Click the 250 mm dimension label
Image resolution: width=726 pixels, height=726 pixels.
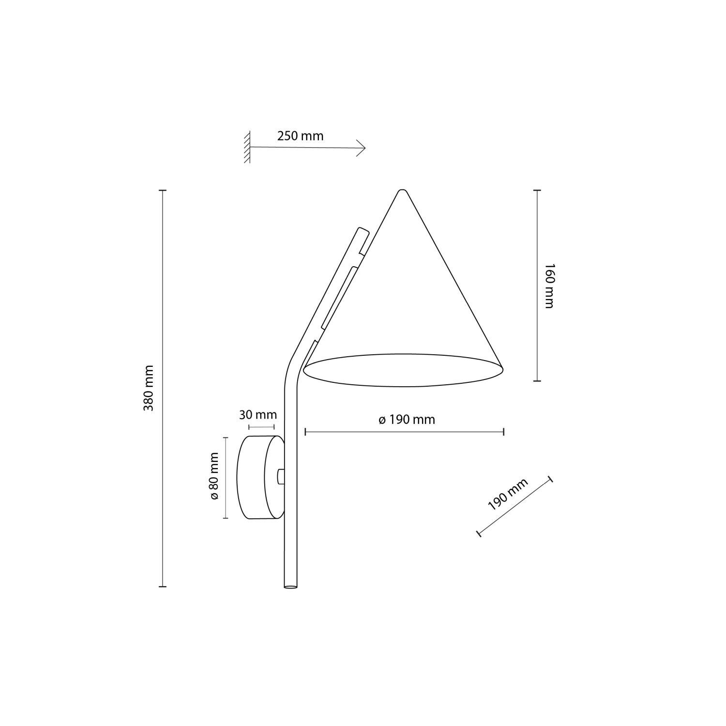click(x=300, y=136)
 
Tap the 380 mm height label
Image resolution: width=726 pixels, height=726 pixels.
click(x=149, y=388)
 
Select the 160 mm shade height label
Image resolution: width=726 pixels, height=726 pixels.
click(x=548, y=286)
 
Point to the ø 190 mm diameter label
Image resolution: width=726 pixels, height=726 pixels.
click(x=407, y=420)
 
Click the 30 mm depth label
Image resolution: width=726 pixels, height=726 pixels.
click(x=258, y=415)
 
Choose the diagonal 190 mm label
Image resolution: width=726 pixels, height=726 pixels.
click(x=508, y=494)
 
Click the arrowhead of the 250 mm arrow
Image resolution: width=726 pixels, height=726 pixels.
click(x=363, y=147)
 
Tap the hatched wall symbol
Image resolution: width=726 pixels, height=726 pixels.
click(x=247, y=147)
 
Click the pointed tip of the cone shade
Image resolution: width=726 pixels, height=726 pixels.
click(x=401, y=191)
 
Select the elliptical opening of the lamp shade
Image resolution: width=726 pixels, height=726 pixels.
click(x=404, y=370)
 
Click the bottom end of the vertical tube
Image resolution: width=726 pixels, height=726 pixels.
click(x=290, y=587)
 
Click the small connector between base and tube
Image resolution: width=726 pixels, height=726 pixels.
click(x=280, y=476)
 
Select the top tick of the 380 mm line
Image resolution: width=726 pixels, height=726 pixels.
click(x=163, y=191)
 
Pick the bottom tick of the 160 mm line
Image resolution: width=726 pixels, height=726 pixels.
click(x=537, y=381)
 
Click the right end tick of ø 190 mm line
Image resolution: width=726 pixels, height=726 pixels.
click(x=504, y=432)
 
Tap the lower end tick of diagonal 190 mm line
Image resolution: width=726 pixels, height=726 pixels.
click(x=479, y=533)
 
